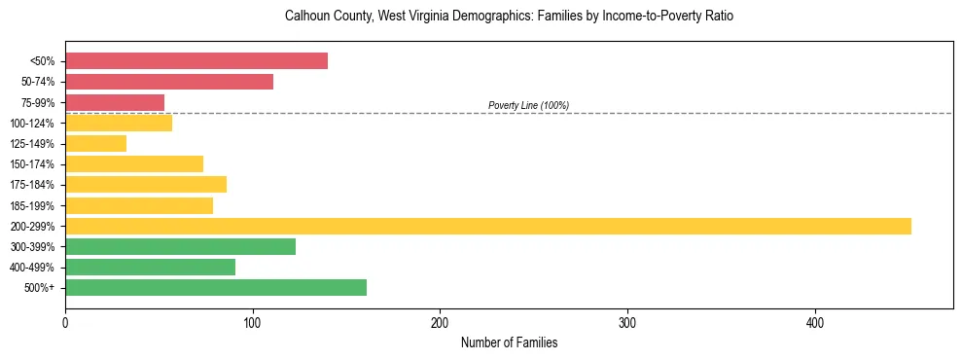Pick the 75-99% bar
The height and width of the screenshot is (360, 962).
pos(115,102)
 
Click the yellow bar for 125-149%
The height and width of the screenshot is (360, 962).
pos(95,143)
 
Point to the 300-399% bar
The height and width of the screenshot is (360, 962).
pos(180,246)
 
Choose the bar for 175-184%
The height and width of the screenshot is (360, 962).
pos(146,184)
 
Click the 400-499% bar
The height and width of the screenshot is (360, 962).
pos(150,267)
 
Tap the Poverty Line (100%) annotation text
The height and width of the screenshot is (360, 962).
pos(528,105)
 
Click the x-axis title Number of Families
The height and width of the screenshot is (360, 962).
pos(509,343)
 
